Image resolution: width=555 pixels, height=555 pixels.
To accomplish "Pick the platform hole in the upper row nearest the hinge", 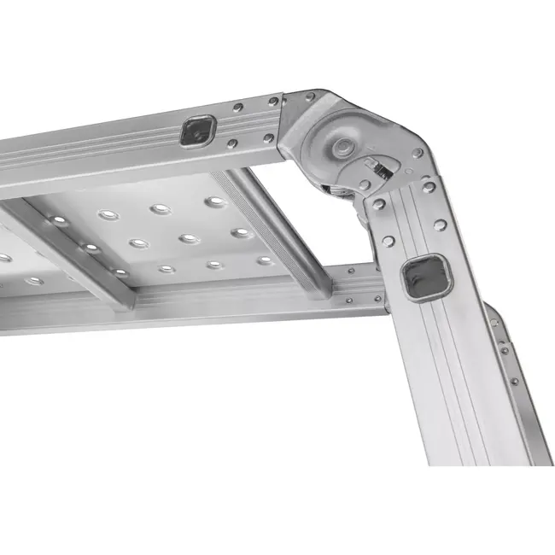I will point(215,202).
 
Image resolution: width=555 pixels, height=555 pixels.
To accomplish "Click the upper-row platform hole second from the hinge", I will point(161,209).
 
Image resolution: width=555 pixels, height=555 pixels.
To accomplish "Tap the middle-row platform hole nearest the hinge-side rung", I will point(242,232).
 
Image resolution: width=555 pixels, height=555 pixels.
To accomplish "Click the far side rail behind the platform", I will point(256,294).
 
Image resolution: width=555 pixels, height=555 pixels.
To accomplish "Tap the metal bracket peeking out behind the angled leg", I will point(509,359).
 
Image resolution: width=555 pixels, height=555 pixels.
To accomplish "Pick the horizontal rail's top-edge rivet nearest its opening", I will point(237,108).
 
